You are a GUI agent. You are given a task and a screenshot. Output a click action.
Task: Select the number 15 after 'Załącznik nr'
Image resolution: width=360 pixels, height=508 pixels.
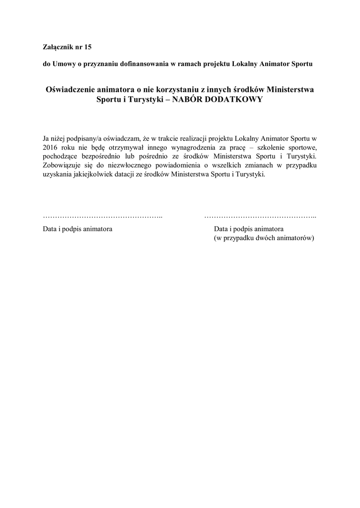[x=88, y=47]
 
